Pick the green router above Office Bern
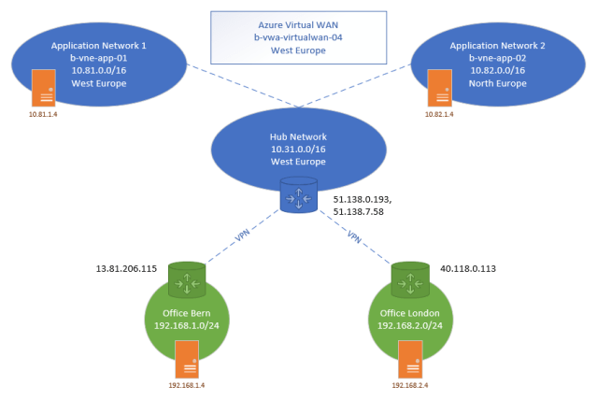pos(186,277)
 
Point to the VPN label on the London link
pos(356,237)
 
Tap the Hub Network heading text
pos(296,136)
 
